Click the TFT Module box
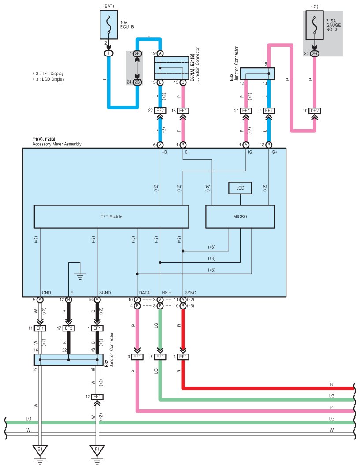[111, 216]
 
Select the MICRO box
[240, 216]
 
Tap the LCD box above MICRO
[240, 188]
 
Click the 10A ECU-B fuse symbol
[108, 25]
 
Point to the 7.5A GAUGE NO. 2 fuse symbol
[314, 25]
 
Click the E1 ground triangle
[40, 450]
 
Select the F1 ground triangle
[97, 450]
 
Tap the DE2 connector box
[315, 111]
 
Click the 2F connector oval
[137, 53]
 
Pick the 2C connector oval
[137, 82]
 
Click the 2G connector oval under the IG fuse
[315, 53]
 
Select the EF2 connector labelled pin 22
[160, 111]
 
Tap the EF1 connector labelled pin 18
[183, 111]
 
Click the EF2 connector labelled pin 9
[269, 111]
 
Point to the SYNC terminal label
[190, 293]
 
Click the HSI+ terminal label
[166, 293]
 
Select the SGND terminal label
[105, 293]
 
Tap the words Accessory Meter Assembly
[57, 144]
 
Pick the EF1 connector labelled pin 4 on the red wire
[183, 357]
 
